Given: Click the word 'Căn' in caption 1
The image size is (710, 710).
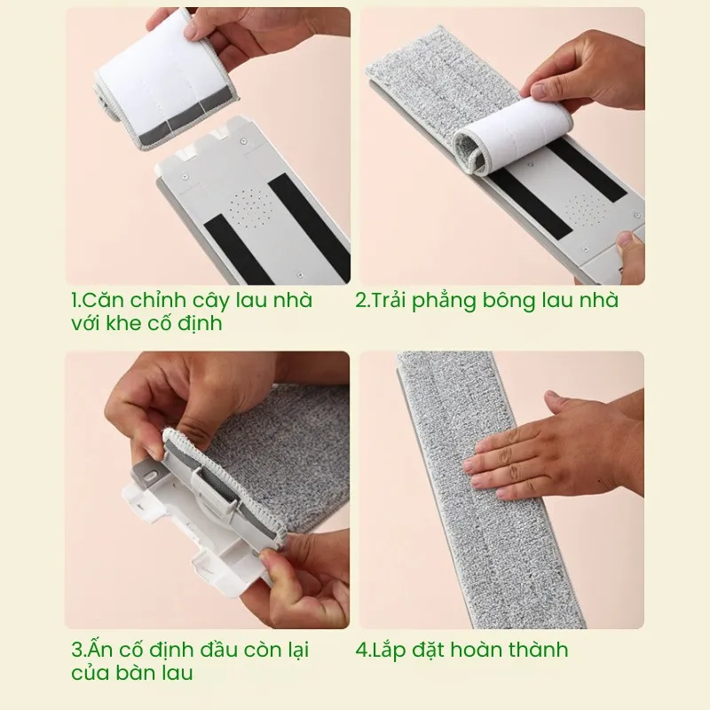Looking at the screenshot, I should pos(101,300).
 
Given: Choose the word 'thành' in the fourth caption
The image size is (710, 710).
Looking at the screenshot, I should pos(540,649).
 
